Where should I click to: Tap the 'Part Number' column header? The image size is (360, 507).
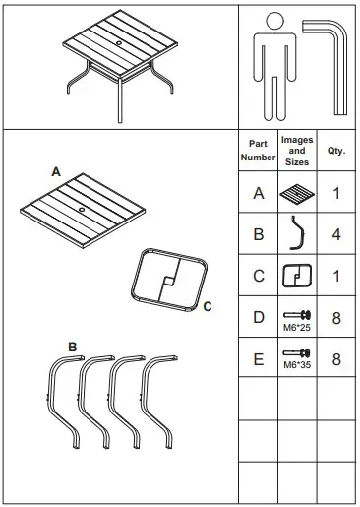[x=259, y=150]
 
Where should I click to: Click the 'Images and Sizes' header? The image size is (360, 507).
[x=297, y=150]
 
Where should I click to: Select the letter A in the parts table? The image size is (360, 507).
[x=259, y=193]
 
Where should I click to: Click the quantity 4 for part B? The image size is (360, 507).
[x=335, y=234]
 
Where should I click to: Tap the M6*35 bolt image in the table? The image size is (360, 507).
[x=297, y=354]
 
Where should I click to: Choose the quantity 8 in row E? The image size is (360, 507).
[x=335, y=358]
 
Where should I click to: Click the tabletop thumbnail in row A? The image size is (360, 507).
[x=297, y=193]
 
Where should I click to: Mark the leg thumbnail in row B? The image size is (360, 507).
[x=297, y=234]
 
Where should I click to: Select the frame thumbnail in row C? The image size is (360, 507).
[x=297, y=276]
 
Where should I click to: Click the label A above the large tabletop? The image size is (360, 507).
[x=56, y=171]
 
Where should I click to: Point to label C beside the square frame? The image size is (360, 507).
[x=208, y=307]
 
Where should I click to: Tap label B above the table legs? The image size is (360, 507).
[x=73, y=347]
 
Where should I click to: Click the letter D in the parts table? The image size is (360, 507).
[x=259, y=317]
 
